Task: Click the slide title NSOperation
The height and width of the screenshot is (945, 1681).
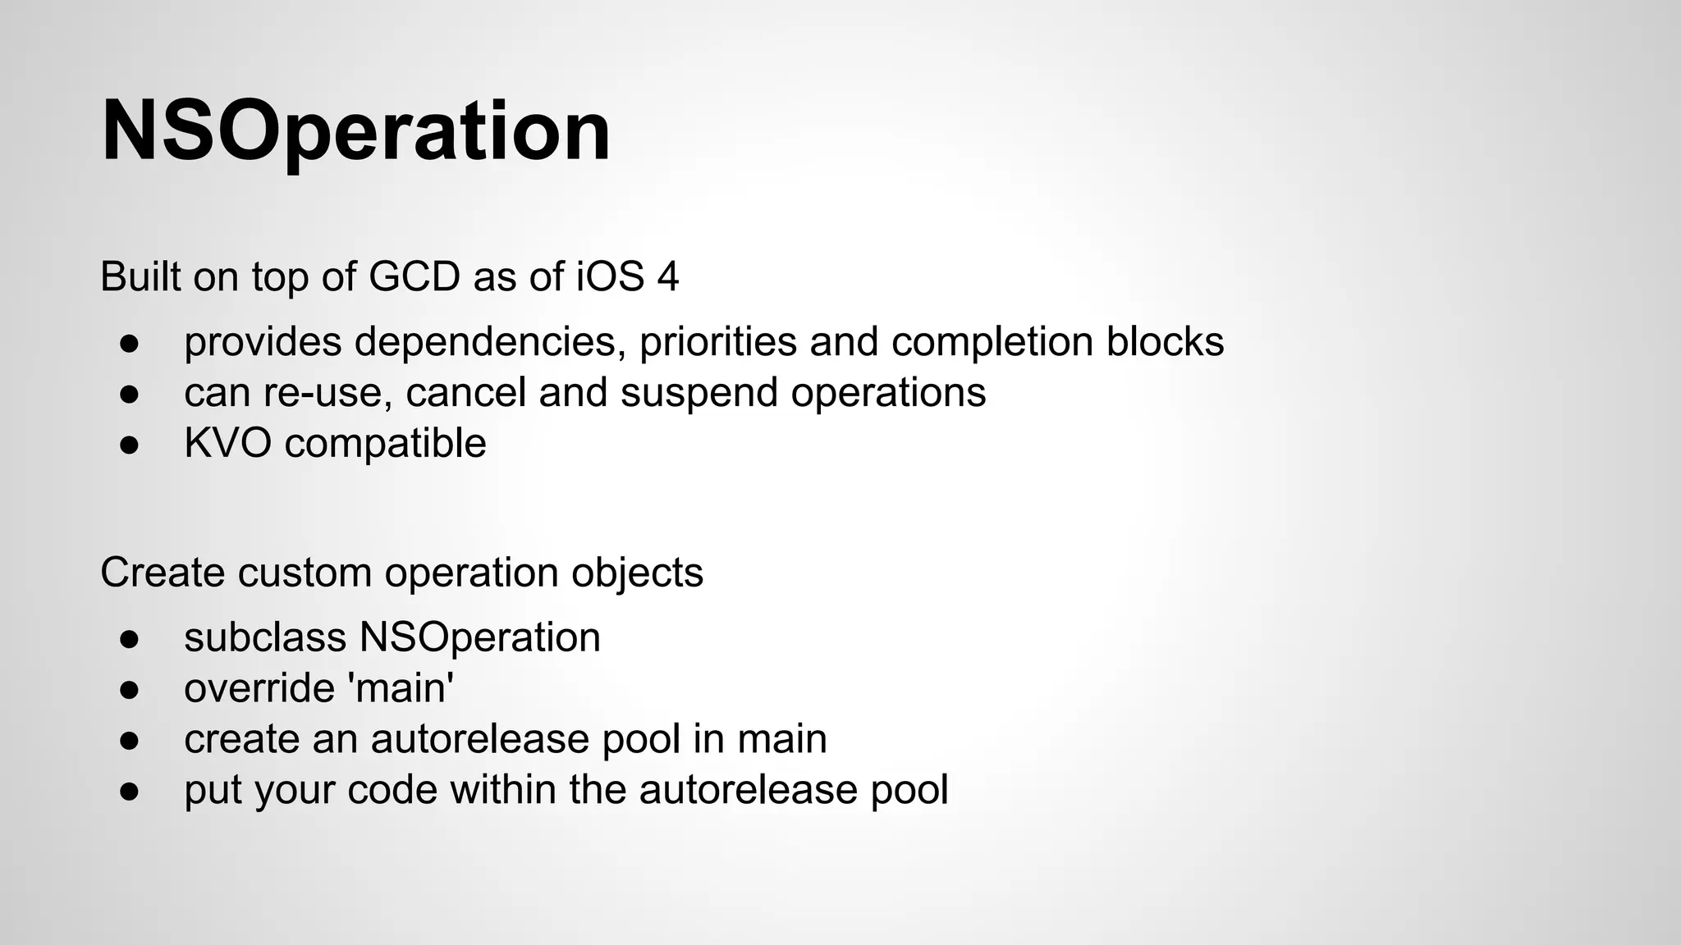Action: (x=355, y=131)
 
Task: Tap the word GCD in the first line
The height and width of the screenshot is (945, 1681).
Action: (x=415, y=276)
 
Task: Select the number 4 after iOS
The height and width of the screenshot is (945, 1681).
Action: (x=668, y=276)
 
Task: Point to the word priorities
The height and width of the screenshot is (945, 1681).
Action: (x=717, y=342)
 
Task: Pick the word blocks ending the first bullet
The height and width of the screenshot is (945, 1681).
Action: (x=1165, y=342)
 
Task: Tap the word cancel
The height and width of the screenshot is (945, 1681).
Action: (x=465, y=393)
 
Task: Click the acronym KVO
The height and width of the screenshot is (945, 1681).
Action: (x=227, y=444)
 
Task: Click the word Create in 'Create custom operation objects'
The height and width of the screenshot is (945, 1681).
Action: (x=163, y=573)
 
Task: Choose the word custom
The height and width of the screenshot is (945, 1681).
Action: (x=305, y=573)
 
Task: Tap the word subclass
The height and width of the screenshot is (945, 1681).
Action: (x=265, y=638)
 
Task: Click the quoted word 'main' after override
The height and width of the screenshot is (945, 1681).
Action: (x=401, y=688)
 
